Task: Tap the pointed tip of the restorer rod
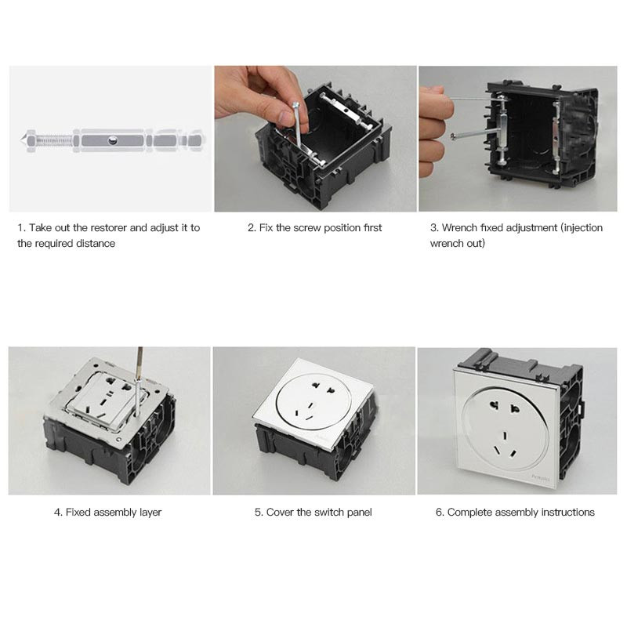pos(21,140)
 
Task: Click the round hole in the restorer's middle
pos(113,140)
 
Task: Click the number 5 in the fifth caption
pos(258,513)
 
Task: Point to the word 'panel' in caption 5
pos(358,513)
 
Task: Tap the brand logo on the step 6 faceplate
pos(541,477)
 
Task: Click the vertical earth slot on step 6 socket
pos(505,435)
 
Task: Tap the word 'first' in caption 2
pos(373,228)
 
